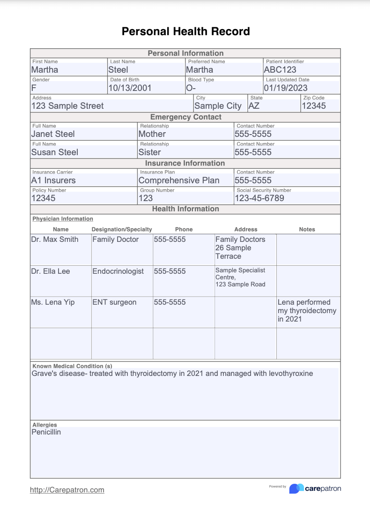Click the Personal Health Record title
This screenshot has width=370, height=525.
[x=185, y=31]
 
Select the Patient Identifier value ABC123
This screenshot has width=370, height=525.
[x=280, y=70]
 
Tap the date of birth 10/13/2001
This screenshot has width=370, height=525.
[x=130, y=88]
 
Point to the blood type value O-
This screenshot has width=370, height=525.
[x=191, y=88]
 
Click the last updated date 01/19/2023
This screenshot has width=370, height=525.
[x=286, y=88]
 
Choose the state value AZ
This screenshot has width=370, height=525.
[x=254, y=106]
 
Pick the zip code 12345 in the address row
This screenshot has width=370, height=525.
[x=314, y=106]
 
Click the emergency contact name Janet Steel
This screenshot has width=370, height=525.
[x=53, y=134]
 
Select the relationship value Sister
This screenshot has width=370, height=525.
[x=150, y=152]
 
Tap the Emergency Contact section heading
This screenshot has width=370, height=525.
[x=185, y=117]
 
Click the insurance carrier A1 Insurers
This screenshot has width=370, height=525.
[x=53, y=180]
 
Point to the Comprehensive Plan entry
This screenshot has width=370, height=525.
[x=179, y=180]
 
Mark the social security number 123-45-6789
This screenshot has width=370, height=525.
[x=259, y=198]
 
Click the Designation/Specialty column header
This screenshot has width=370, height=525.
[x=122, y=229]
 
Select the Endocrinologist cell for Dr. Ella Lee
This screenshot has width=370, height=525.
[x=118, y=271]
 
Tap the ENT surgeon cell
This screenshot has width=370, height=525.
[x=114, y=302]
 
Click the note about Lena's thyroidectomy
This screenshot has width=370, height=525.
[x=307, y=310]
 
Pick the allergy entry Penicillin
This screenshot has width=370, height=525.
[x=46, y=432]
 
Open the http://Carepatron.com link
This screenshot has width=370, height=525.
[x=67, y=490]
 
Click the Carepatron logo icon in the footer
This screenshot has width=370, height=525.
[x=296, y=488]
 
